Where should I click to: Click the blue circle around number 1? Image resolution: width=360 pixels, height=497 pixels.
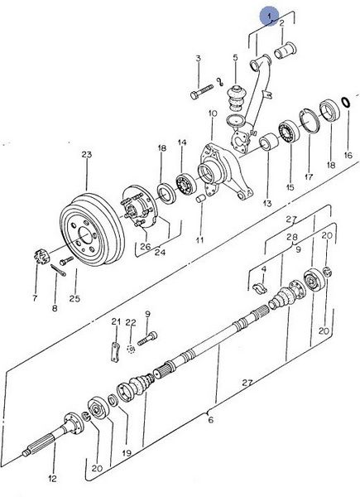coord(269,17)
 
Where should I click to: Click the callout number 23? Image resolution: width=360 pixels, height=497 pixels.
coord(86,155)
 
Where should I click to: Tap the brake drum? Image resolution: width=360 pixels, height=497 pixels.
coord(92,229)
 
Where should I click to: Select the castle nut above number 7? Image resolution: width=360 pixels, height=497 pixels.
coord(42,257)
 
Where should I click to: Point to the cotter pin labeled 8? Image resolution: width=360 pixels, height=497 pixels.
coord(58,270)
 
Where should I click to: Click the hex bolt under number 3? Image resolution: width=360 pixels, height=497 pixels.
coord(202,91)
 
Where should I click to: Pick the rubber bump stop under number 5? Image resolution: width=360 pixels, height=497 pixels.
coord(236,98)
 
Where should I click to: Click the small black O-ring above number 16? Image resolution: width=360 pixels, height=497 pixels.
coord(346,102)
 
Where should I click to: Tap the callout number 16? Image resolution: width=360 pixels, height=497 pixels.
coord(348,155)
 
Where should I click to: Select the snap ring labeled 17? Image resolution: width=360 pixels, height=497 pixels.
coord(310,121)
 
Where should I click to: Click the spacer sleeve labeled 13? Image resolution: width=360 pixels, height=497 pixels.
coord(269,142)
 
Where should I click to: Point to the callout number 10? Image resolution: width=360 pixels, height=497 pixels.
coord(213,113)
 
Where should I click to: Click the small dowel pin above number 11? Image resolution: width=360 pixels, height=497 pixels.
coord(201,199)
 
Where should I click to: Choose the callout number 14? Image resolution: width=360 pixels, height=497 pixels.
coord(182,142)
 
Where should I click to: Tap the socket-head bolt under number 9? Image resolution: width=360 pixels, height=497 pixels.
coord(147,339)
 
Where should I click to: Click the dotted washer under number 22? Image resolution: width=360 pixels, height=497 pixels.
coord(131,349)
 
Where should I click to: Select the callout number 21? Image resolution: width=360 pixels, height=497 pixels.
coord(116,321)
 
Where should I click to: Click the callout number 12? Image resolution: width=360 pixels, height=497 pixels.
coord(52,478)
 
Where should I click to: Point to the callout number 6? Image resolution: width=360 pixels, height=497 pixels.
coord(211,420)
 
